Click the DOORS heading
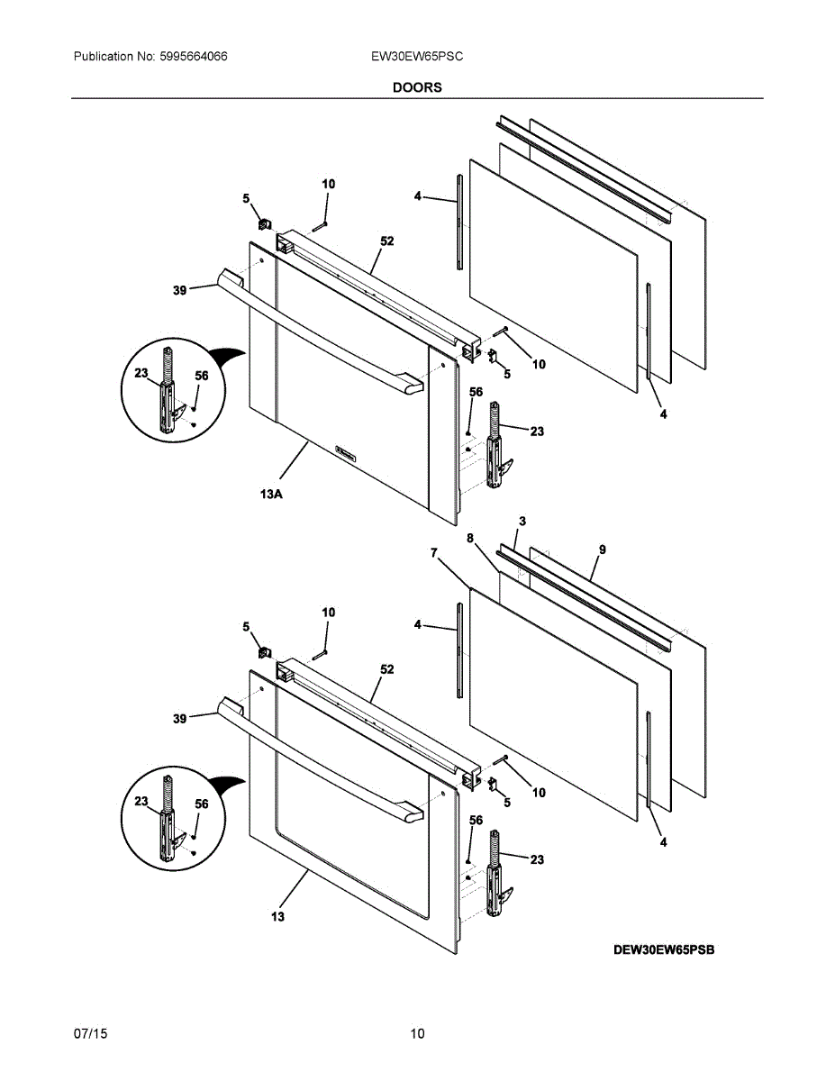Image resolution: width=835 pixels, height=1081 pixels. pos(417,87)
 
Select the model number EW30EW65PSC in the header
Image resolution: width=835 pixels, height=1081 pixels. pos(417,56)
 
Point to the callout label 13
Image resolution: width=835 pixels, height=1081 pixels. pos(277,916)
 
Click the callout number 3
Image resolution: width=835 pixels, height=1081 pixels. pos(522,522)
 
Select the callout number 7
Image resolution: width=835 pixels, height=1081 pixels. pos(435,553)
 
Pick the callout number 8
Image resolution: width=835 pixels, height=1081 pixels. pos(470,538)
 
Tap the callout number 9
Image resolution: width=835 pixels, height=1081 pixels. pos(602,550)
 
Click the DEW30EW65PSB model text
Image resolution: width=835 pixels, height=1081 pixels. pos(665,949)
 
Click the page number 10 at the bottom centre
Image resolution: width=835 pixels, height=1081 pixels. pos(417,1033)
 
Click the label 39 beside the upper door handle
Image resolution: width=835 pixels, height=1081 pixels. pos(179,290)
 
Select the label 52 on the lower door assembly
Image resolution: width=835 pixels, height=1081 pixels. pos(387,669)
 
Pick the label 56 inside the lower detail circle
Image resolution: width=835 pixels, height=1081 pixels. pos(202,804)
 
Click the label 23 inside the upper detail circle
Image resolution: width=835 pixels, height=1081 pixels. pos(141,374)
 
